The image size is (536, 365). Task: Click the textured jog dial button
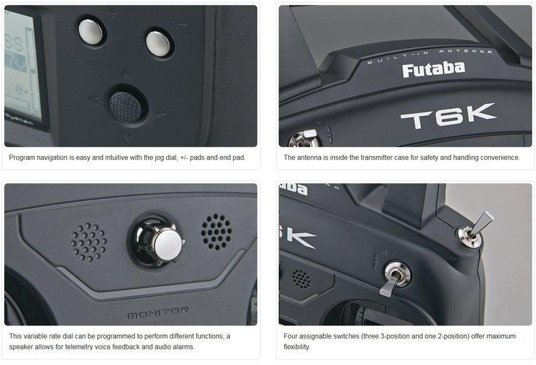(125, 107)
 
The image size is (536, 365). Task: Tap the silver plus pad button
(90, 32)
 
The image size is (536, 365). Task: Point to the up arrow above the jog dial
(125, 74)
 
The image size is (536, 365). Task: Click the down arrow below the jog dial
(128, 138)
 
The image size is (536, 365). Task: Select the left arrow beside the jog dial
(93, 100)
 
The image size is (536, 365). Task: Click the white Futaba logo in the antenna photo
(433, 70)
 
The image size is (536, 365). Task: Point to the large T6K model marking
(448, 117)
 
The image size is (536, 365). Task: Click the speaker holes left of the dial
(88, 242)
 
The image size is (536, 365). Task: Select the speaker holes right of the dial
(216, 232)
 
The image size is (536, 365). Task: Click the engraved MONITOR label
(157, 312)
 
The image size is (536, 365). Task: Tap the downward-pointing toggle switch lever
(390, 285)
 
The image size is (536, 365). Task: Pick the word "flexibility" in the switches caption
(297, 346)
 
